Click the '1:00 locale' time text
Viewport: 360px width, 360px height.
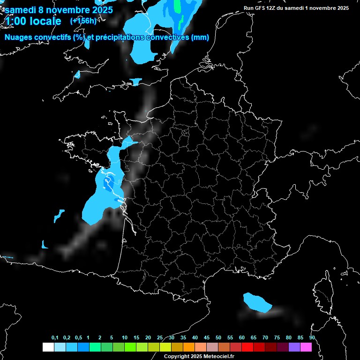click(x=33, y=21)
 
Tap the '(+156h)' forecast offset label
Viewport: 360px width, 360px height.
click(x=83, y=21)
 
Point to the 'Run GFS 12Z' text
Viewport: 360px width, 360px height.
click(x=263, y=8)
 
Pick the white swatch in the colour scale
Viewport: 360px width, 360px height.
click(x=48, y=347)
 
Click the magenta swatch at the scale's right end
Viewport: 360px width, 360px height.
click(x=306, y=347)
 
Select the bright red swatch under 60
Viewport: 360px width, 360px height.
click(x=247, y=347)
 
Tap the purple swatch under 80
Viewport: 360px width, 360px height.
click(x=294, y=347)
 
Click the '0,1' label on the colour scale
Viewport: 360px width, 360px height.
click(x=55, y=338)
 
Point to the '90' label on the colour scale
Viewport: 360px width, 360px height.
click(x=312, y=338)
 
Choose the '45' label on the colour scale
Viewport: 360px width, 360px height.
click(x=207, y=338)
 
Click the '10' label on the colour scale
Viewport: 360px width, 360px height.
click(x=124, y=338)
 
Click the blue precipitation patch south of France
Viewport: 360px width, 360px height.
click(x=257, y=302)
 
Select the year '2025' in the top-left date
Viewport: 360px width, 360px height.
click(x=99, y=9)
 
